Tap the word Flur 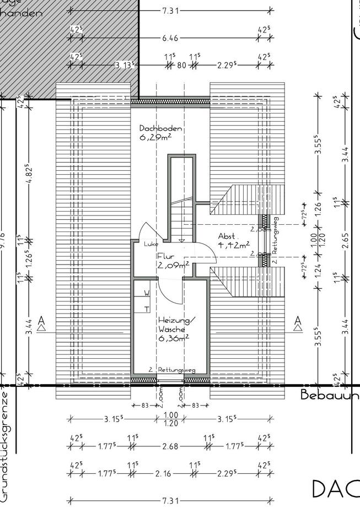pyautogui.click(x=165, y=256)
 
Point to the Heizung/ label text pyautogui.click(x=175, y=320)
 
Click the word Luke pyautogui.click(x=151, y=244)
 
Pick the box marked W pyautogui.click(x=147, y=293)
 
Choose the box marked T pyautogui.click(x=147, y=309)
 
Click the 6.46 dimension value pyautogui.click(x=170, y=39)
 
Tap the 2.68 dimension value pyautogui.click(x=170, y=446)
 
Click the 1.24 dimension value pyautogui.click(x=318, y=271)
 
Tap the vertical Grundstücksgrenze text pyautogui.click(x=6, y=446)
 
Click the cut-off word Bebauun pyautogui.click(x=330, y=395)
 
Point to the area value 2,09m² pyautogui.click(x=173, y=265)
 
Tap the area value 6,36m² pyautogui.click(x=173, y=339)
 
